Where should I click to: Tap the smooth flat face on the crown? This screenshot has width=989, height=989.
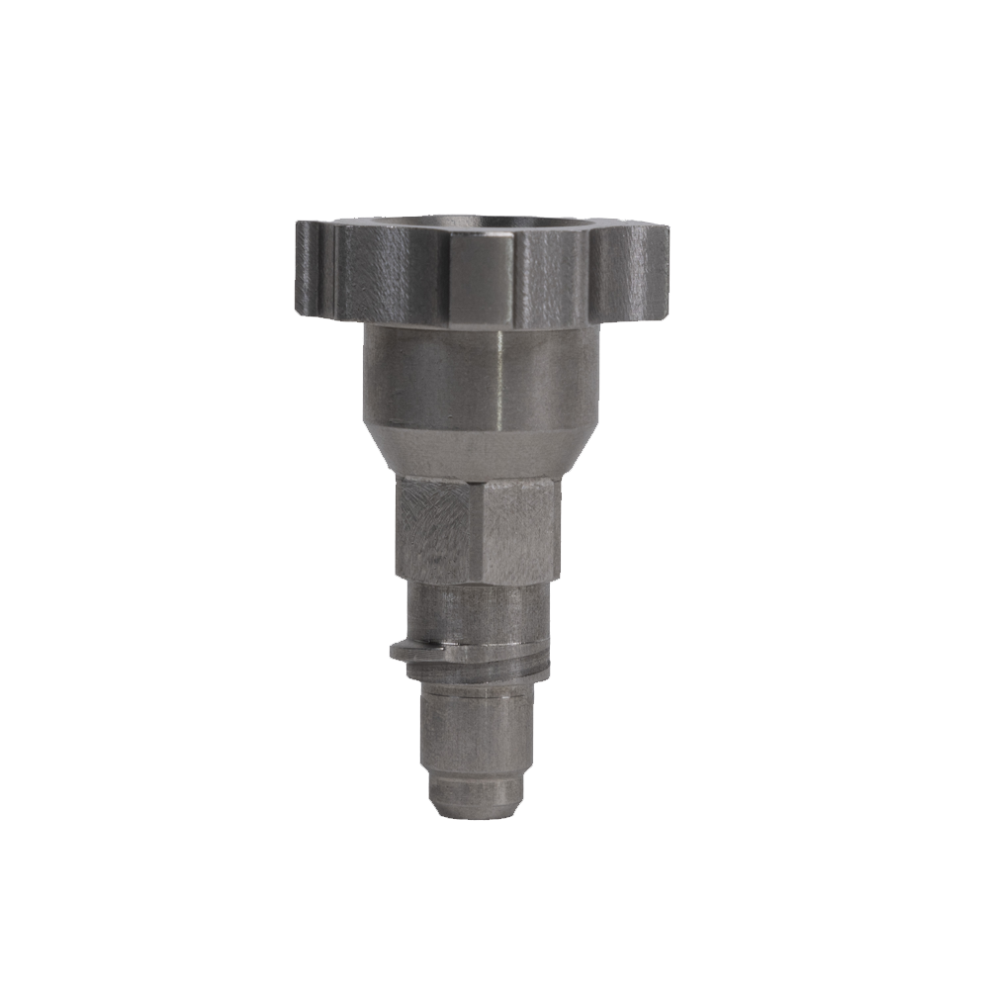(481, 279)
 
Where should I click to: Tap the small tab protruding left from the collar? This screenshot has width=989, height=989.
(402, 651)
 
